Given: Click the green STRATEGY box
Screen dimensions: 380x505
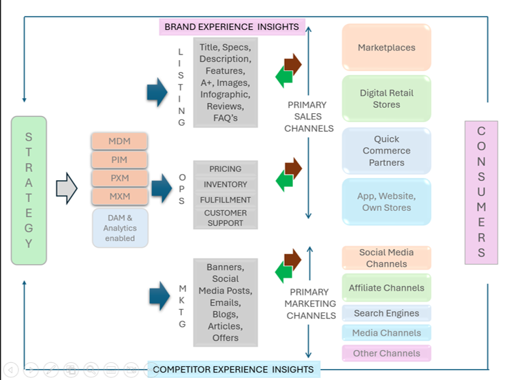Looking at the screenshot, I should [x=29, y=190].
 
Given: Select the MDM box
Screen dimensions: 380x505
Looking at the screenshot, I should [x=119, y=141].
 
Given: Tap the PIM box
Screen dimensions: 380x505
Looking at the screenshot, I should [x=119, y=160].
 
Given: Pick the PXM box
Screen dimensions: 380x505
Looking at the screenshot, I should [x=119, y=178].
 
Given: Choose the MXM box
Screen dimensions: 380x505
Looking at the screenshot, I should [x=119, y=196].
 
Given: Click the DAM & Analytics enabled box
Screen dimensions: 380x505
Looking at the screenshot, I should [x=119, y=228].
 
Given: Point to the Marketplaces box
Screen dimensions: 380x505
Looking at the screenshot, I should [x=386, y=48].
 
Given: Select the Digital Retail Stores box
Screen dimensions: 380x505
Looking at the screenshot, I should [x=386, y=99].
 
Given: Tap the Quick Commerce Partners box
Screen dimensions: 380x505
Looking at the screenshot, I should [x=386, y=151].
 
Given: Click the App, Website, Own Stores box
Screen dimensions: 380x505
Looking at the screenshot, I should [x=386, y=202].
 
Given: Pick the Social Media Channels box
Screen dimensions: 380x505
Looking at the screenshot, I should [x=386, y=257].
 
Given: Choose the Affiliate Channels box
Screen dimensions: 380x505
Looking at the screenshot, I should [x=386, y=288].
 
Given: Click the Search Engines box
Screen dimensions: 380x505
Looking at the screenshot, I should [x=386, y=314].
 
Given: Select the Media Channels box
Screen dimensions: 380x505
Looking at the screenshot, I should [x=386, y=334].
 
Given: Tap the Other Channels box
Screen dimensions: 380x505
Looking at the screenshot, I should [x=386, y=353].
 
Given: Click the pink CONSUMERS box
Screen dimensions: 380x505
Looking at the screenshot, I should [x=481, y=192].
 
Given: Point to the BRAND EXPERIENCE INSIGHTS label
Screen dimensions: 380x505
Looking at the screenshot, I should [x=232, y=27].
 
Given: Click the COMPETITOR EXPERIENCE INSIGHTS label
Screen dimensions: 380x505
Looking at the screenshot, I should [x=233, y=370].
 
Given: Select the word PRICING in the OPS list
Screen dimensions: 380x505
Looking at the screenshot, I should [x=226, y=169].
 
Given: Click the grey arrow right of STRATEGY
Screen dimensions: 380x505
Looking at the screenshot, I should [x=66, y=188].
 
